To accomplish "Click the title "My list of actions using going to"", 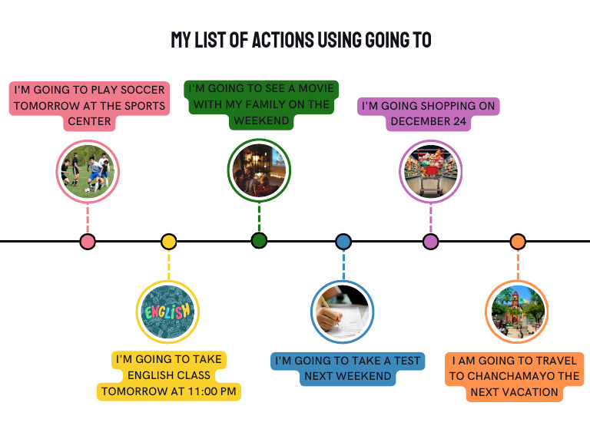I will pos(300,41).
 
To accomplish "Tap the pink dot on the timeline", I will pos(88,242).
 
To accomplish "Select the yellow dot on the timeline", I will pos(169,242).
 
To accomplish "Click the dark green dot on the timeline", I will pos(259,241).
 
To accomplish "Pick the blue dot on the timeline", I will pos(343,242).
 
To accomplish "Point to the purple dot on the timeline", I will pos(430,242).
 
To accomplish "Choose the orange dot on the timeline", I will pos(518,242).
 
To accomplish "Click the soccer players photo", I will pos(88,171).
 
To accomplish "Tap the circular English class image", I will pos(167,312).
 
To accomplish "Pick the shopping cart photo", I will pos(430,170).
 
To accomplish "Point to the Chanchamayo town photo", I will pos(518,312).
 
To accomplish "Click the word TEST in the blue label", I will pos(406,361).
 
